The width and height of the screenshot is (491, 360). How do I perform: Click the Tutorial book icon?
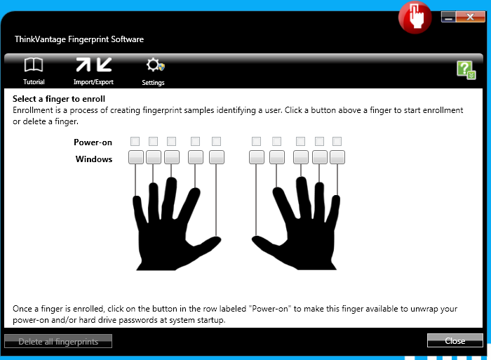pos(34,65)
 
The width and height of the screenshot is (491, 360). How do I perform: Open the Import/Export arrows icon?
pos(93,65)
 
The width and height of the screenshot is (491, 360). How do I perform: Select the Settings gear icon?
pos(155,65)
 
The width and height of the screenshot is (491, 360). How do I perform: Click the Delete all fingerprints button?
pos(58,341)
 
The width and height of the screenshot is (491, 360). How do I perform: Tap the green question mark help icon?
pos(466,70)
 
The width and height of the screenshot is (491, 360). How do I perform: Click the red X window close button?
pos(471,17)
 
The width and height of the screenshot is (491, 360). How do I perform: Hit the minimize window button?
pos(449,17)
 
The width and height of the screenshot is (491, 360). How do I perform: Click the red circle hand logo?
pos(415,18)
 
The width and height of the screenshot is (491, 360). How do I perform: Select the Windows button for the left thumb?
pos(216,157)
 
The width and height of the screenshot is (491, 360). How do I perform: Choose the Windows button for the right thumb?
pos(257,157)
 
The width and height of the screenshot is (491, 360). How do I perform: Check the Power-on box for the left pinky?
pos(135,141)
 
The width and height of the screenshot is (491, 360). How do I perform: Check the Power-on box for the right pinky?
pos(337,141)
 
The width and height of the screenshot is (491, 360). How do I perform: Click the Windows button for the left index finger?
pos(196,157)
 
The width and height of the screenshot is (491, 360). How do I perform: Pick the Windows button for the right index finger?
pos(277,157)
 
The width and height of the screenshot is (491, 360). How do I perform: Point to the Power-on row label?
pos(93,142)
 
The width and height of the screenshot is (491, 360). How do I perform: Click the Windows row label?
pos(93,159)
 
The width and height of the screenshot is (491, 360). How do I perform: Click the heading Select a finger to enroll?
pos(59,99)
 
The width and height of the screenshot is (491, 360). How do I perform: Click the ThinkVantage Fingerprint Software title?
pos(79,39)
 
